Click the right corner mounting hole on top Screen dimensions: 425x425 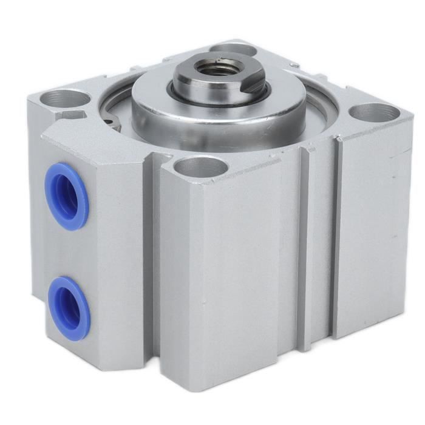pos(375,112)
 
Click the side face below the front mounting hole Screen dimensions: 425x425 pos(231,273)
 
